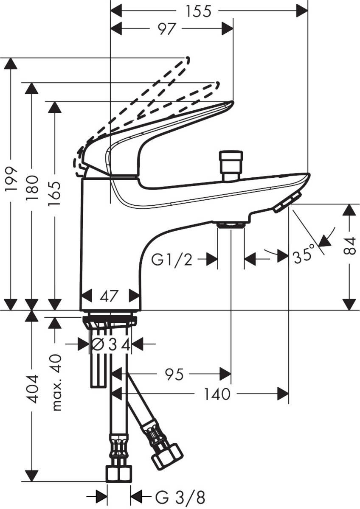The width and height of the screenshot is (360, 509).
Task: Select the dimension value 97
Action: pos(167,29)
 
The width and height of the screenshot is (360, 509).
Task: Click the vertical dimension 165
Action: pos(54,193)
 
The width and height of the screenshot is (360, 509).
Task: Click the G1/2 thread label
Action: pos(172,259)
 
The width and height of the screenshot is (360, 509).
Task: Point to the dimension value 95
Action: pos(174,374)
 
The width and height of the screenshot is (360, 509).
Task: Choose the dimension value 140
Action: pos(217,394)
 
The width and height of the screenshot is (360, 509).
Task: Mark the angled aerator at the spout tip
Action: pos(287,202)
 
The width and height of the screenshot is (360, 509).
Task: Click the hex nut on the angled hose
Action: pos(167,456)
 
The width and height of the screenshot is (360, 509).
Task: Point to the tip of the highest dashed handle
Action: pos(187,59)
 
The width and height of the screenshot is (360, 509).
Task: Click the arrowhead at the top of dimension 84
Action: pos(349,209)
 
